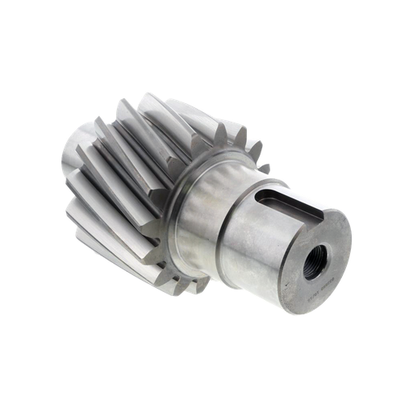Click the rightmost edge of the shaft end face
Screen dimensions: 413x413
[353, 242]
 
